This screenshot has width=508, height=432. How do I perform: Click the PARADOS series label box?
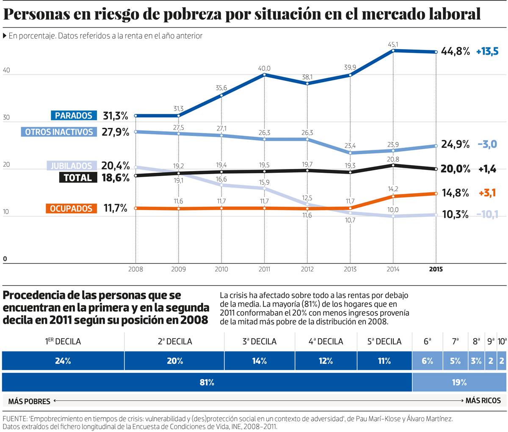pos(74,116)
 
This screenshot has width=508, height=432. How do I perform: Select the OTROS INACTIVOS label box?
pos(59,132)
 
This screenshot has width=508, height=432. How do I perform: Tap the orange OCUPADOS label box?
pos(71,208)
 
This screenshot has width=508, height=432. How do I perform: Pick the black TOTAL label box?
pos(77,177)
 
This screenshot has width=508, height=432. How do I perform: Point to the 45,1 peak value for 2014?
pos(394,44)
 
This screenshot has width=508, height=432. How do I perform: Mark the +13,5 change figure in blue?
pos(487,52)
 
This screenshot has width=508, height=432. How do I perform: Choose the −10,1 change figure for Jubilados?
pos(487,214)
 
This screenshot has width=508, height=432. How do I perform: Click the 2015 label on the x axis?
pos(436,269)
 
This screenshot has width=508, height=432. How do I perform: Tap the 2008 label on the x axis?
pos(136,269)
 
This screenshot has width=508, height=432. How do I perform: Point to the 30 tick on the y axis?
pos(6,118)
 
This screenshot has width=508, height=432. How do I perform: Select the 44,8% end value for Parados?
pos(456,52)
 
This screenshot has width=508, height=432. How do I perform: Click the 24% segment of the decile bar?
pos(63,361)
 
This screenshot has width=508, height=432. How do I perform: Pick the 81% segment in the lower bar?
pos(207,382)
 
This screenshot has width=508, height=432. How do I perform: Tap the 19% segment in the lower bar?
pos(459,382)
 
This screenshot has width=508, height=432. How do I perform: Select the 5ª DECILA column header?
pos(384,341)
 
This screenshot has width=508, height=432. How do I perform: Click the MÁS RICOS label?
pos(483,400)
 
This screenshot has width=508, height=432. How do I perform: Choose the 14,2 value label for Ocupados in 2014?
pos(394,189)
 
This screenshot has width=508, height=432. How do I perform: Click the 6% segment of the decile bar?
pos(427,361)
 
